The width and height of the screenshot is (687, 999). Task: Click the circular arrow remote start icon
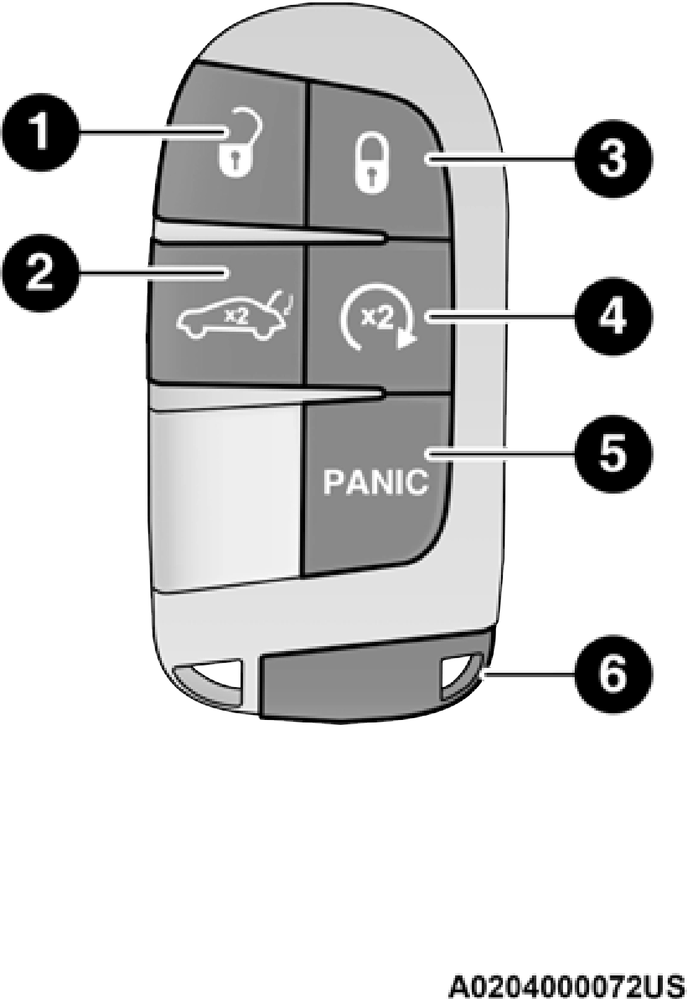(x=378, y=322)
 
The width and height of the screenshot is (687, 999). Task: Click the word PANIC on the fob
(x=376, y=482)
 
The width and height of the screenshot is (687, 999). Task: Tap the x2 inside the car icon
(x=236, y=316)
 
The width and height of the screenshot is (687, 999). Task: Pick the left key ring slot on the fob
(x=210, y=685)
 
